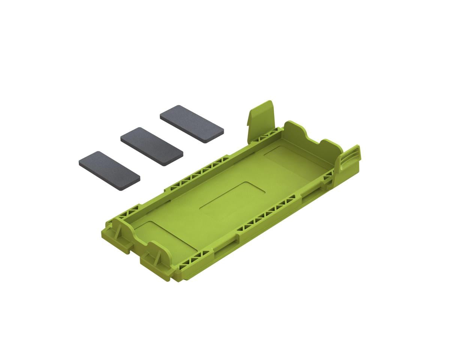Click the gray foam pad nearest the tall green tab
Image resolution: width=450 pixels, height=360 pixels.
(x=192, y=124)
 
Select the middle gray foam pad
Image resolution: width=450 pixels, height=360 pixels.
(x=151, y=146)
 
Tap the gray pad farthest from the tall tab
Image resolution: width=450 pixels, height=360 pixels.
(x=109, y=171)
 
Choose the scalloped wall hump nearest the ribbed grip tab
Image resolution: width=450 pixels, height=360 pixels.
(x=330, y=145)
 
